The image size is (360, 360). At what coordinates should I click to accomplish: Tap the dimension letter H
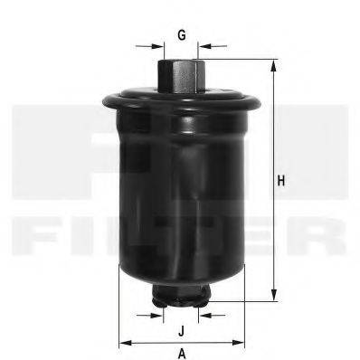[281, 182]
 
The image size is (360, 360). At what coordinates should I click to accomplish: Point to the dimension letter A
[182, 353]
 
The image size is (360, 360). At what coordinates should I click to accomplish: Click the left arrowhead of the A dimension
[124, 343]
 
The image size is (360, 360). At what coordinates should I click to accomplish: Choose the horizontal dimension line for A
[154, 343]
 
